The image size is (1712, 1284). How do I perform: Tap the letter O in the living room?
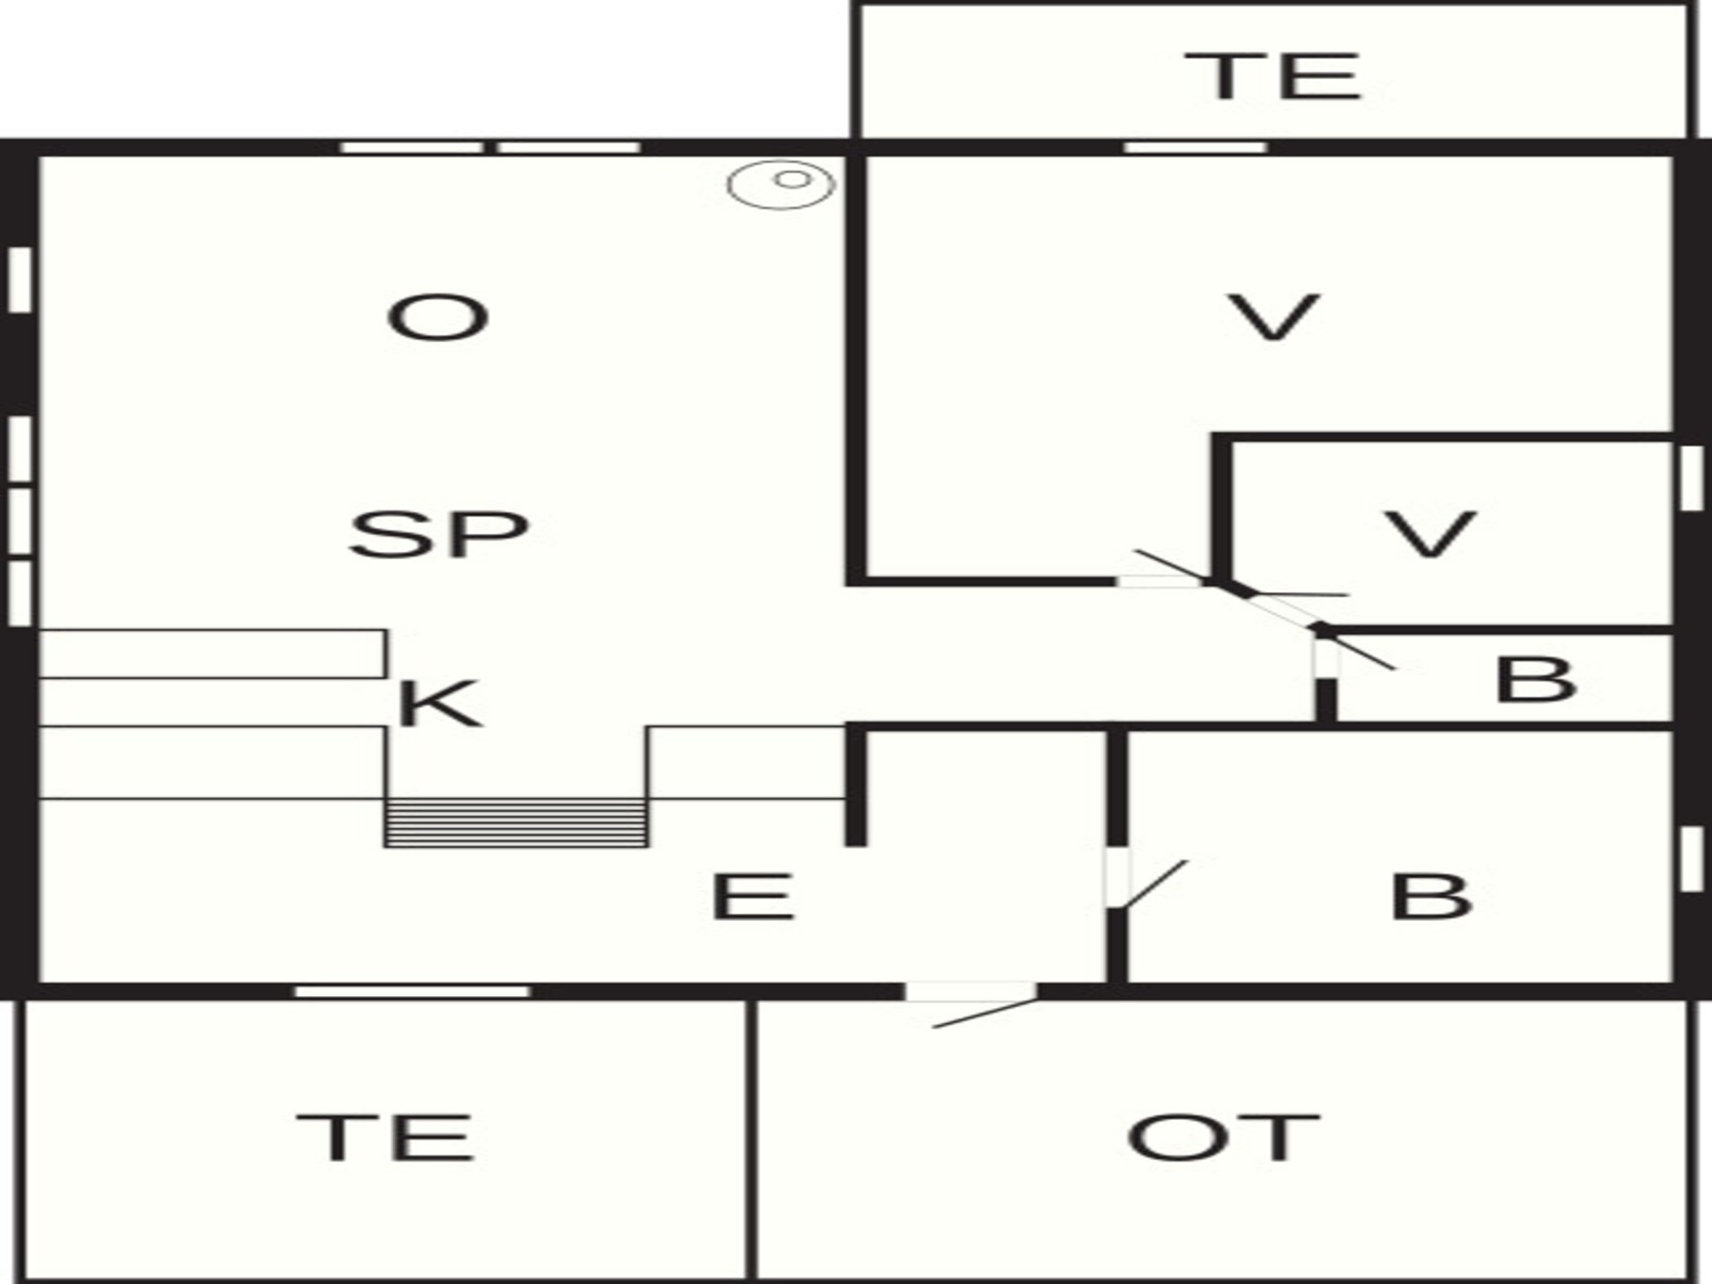pos(438,318)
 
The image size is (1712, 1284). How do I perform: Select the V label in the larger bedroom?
pos(1273,318)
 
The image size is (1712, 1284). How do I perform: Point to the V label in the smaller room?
pos(1430,534)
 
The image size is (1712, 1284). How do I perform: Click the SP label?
pos(439,535)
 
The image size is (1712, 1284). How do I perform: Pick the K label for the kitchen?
pos(440,704)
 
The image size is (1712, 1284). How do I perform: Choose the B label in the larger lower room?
pos(1431,896)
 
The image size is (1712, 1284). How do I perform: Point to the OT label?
pos(1222,1137)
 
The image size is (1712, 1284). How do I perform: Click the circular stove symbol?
pos(781,185)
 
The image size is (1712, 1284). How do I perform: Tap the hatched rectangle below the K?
pos(516,822)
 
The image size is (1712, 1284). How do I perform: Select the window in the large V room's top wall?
pos(1196,147)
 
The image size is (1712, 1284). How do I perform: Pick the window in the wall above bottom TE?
pos(412,992)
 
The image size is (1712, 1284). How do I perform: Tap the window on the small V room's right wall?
pos(1691,478)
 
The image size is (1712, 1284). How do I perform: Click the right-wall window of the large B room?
pos(1691,860)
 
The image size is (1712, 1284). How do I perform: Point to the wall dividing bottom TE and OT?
pos(752,1140)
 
